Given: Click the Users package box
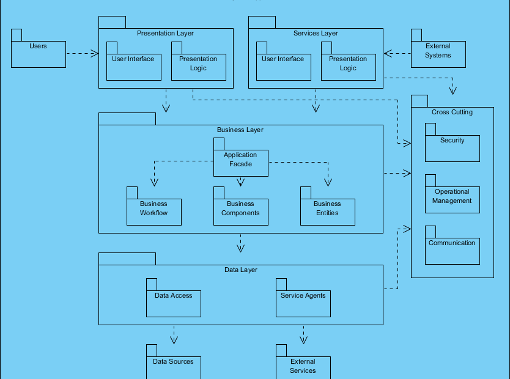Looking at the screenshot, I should click(x=38, y=54).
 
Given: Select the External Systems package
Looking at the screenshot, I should click(x=438, y=54).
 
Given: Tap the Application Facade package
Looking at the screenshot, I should click(x=240, y=162).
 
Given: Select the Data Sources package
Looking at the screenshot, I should click(x=173, y=367).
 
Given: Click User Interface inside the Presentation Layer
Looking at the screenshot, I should click(x=133, y=67).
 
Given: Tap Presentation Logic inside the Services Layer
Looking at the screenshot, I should click(x=348, y=67).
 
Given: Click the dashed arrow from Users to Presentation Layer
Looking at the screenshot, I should click(x=82, y=54).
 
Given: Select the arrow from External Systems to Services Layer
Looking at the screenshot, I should click(x=397, y=54).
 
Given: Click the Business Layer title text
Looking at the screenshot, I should click(x=240, y=130).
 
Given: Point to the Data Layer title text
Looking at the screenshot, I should click(x=240, y=270).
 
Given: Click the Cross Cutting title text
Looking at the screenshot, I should click(x=452, y=112).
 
